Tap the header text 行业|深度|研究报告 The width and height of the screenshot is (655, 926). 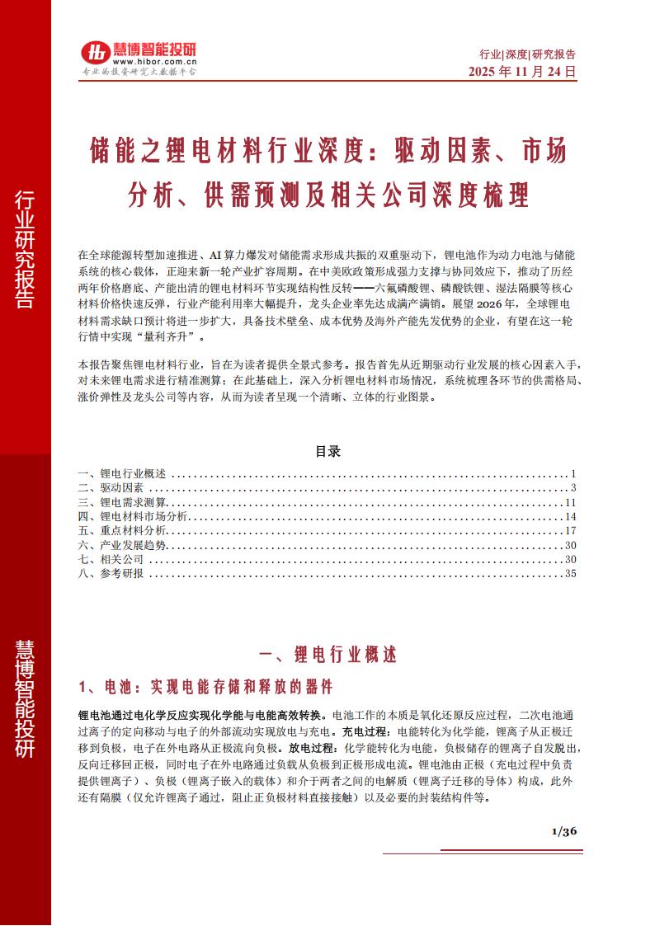pos(527,54)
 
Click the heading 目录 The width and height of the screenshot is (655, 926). pos(327,452)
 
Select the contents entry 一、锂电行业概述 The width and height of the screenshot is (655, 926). pos(121,474)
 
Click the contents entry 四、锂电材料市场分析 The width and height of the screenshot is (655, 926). pos(133,516)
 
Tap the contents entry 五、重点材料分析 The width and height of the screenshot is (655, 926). pos(121,530)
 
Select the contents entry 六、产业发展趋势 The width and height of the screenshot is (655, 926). pos(121,545)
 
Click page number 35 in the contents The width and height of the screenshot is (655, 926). pos(569,573)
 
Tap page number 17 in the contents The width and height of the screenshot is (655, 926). pos(569,530)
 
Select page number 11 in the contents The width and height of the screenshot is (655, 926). pos(569,502)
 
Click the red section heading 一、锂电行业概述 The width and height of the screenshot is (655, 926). pos(327,656)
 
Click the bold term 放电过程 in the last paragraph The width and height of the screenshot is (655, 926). pos(311,747)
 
